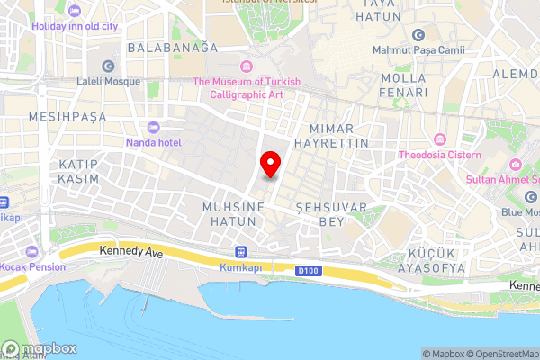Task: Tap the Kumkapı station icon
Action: coord(240,252)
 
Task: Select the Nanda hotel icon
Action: coord(151,127)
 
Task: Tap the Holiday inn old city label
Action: coord(75,27)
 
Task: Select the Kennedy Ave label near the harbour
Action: coord(131,254)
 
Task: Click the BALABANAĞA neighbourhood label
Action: coord(173,47)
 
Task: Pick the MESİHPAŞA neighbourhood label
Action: coord(67,117)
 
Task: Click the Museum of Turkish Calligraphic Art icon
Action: coord(247,66)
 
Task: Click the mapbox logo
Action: coord(40,348)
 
